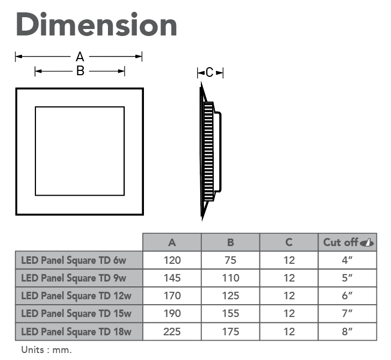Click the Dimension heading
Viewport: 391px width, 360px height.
(x=97, y=25)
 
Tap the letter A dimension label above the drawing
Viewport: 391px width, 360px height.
(x=80, y=56)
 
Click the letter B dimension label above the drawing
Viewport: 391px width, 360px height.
(x=81, y=71)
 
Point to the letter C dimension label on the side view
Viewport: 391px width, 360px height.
(x=209, y=73)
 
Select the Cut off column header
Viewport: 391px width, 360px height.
(x=341, y=242)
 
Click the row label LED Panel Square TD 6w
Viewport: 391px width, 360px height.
(x=74, y=260)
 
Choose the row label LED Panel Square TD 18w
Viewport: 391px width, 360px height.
(x=76, y=332)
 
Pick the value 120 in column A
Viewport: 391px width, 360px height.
(x=172, y=260)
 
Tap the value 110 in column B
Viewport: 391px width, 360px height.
(x=230, y=278)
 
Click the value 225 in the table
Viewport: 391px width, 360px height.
(x=172, y=332)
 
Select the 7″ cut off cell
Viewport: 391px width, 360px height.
(x=347, y=313)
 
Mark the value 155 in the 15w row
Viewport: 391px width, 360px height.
(x=230, y=313)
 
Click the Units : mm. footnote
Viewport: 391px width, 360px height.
(x=46, y=350)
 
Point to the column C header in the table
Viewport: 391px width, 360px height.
(x=289, y=242)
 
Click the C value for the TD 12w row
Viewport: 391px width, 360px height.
(x=289, y=296)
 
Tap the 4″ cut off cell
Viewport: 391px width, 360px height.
(x=347, y=260)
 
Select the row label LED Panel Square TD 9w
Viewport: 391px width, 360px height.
(x=74, y=278)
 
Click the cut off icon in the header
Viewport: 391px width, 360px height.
(x=367, y=242)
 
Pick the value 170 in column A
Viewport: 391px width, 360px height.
(x=172, y=296)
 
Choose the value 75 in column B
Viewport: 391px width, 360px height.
(x=230, y=260)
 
